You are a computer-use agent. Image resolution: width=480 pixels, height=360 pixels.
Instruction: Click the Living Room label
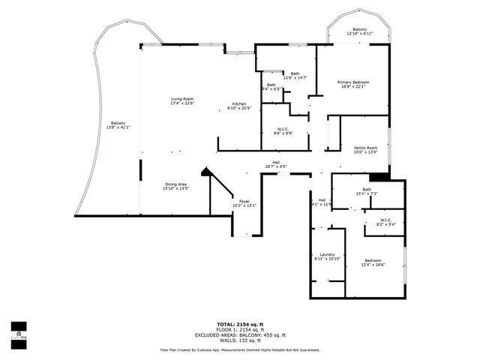click(x=182, y=101)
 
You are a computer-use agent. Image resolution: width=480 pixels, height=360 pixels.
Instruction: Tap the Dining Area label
click(x=176, y=187)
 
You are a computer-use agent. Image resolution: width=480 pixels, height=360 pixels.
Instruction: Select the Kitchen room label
click(x=239, y=106)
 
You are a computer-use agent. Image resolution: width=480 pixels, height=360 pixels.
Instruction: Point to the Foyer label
click(x=244, y=203)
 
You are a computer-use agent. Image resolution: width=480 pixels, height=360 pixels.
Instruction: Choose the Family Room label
click(x=366, y=150)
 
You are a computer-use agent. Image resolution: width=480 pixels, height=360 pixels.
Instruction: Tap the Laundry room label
click(x=327, y=256)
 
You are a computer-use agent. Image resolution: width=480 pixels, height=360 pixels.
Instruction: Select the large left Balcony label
click(x=118, y=125)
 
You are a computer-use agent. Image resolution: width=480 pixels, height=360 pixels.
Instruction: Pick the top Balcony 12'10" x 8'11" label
click(x=360, y=31)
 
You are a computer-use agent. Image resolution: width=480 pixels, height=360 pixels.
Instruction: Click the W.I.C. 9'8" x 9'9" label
click(x=283, y=131)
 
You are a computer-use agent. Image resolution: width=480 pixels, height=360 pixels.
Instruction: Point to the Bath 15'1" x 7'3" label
click(x=367, y=192)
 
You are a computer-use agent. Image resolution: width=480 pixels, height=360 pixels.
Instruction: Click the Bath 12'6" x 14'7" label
click(x=295, y=75)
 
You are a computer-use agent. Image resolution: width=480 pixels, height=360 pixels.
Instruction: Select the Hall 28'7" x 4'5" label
click(x=276, y=164)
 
